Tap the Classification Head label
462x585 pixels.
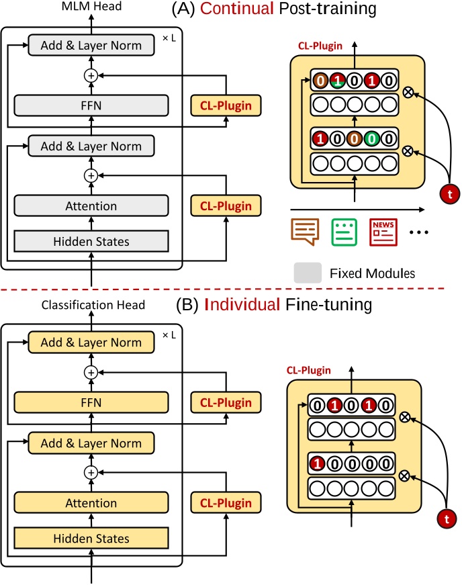(x=93, y=305)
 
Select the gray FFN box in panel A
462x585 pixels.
(x=91, y=105)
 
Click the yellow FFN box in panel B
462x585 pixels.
(x=91, y=402)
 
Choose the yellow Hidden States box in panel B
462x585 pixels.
(x=91, y=538)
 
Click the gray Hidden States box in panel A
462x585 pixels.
(x=91, y=241)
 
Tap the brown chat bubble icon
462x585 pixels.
(x=305, y=231)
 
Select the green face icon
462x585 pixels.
(x=344, y=231)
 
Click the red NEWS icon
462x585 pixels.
(x=382, y=231)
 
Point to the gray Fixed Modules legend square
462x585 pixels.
(x=308, y=273)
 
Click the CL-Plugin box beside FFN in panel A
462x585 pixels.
(x=226, y=105)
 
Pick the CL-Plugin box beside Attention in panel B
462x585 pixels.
(x=226, y=503)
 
